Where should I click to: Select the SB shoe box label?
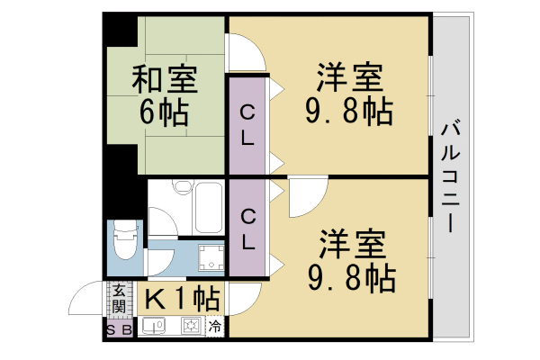coord(119,328)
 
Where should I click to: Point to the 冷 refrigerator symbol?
coord(216,327)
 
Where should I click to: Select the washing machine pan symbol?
coord(211,259)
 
